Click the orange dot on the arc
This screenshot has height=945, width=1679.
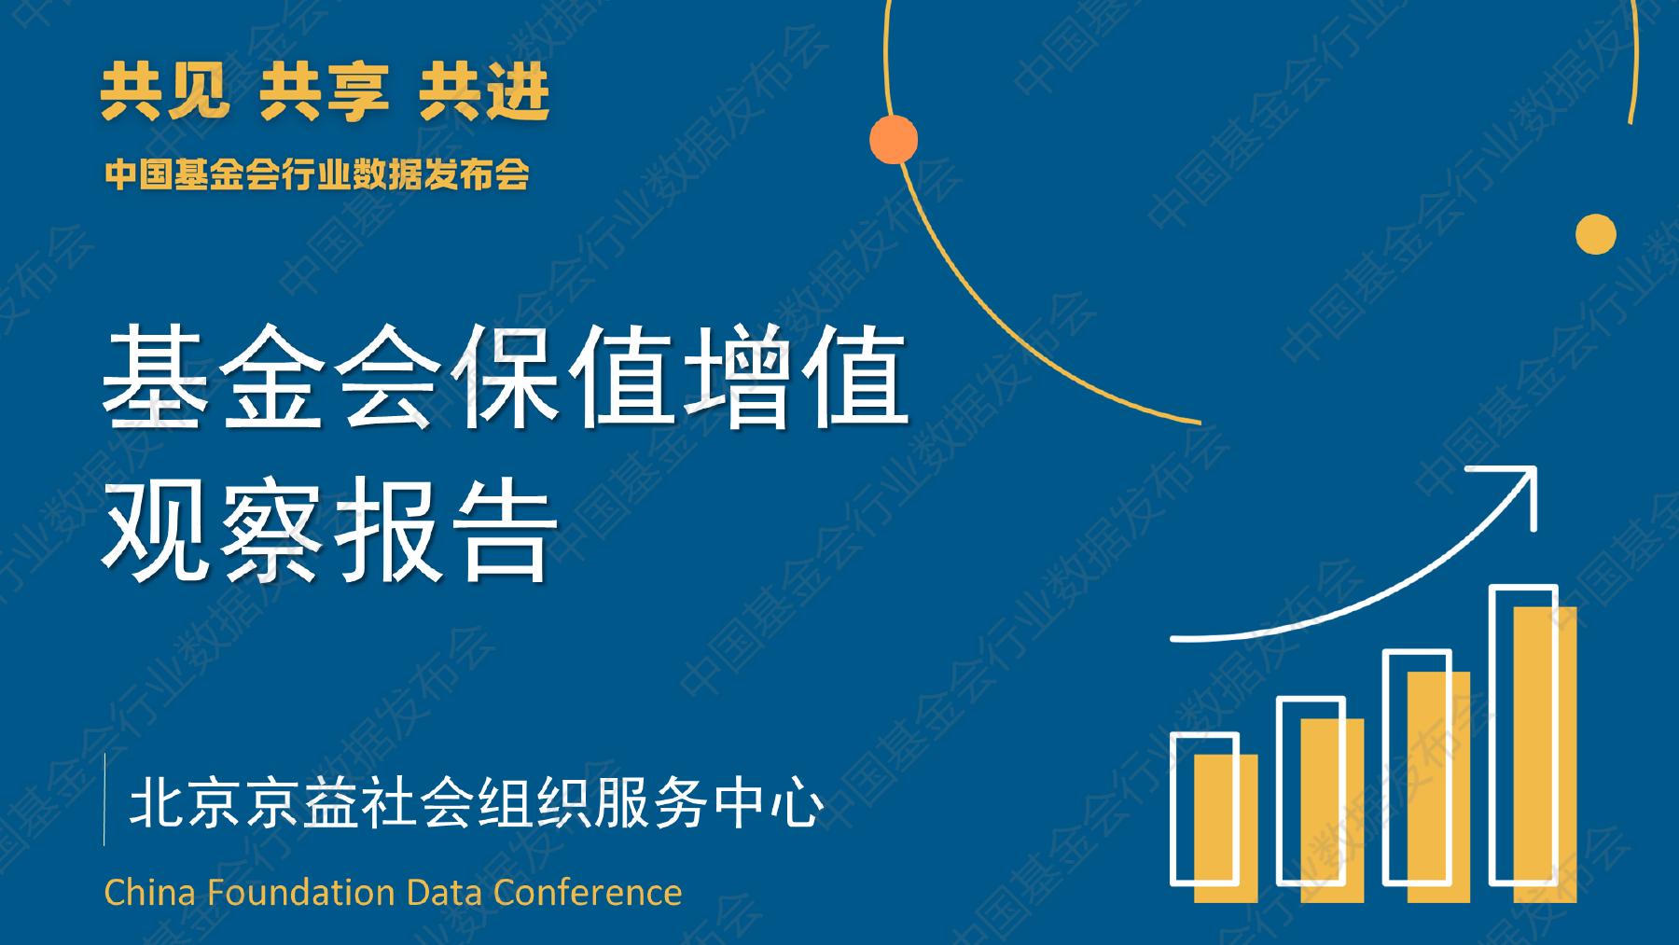click(894, 139)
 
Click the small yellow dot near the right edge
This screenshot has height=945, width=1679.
click(1595, 233)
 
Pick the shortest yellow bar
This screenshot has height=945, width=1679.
click(1226, 828)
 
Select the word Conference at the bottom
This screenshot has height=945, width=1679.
click(588, 893)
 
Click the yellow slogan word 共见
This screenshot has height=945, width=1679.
click(165, 93)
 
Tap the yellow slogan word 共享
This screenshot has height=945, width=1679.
click(324, 93)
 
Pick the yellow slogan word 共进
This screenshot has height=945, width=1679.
click(484, 93)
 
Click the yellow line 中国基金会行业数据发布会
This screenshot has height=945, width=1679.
click(317, 174)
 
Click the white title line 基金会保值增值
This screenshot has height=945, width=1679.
click(504, 378)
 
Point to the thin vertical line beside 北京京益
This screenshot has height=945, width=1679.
click(104, 799)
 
